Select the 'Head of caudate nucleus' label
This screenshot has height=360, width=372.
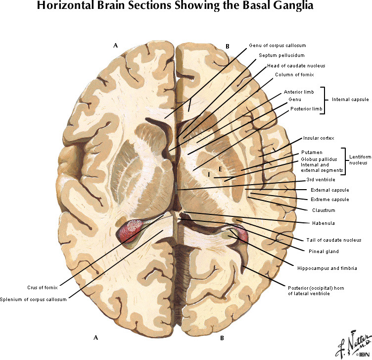tap(296, 65)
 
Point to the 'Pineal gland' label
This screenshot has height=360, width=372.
tap(323, 252)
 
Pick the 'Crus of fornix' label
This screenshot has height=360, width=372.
tap(43, 287)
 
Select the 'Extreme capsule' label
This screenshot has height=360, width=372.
tap(329, 200)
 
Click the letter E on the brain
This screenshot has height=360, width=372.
tap(221, 169)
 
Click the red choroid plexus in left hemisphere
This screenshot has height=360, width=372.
tap(129, 231)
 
